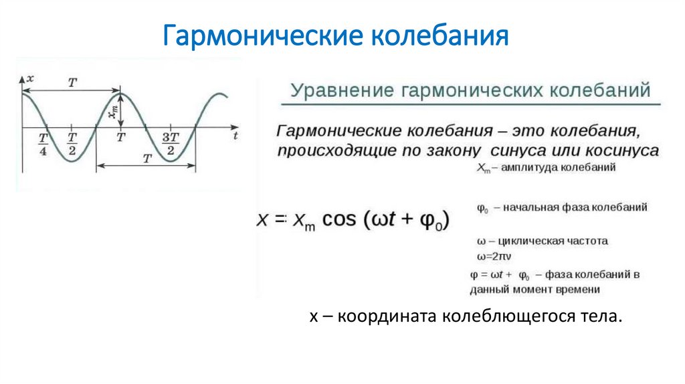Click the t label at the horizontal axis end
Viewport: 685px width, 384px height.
236,136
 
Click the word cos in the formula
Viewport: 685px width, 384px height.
342,221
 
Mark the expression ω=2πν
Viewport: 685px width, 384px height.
494,256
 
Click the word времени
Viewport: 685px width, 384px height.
577,289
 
